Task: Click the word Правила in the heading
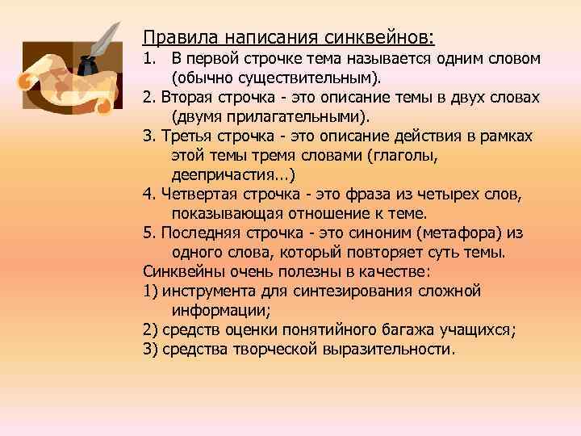click(x=170, y=37)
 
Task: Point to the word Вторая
click(x=183, y=98)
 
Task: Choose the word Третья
click(x=183, y=136)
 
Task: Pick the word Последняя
click(x=197, y=233)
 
